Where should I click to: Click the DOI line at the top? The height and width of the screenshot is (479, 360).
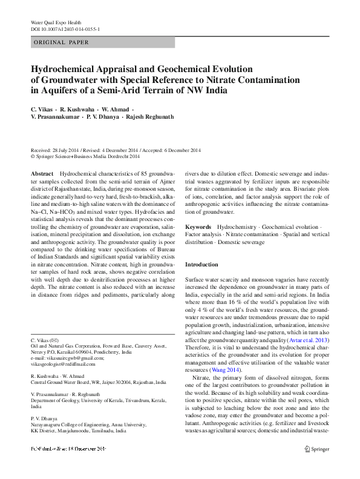65,28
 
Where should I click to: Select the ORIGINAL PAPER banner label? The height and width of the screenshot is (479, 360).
61,42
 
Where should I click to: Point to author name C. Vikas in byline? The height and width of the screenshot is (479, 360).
42,107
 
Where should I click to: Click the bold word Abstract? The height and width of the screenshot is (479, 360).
42,173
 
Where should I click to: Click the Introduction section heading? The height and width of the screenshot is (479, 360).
201,265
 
